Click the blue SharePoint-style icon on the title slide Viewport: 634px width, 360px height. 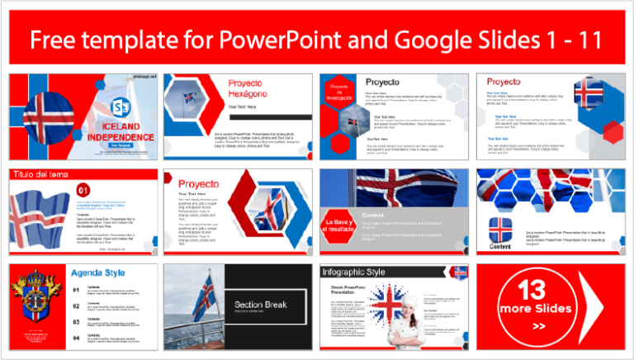click(x=121, y=108)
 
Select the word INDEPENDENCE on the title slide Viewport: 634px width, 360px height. click(x=117, y=135)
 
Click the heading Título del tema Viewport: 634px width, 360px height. click(x=40, y=174)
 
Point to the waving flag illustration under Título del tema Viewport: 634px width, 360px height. click(x=41, y=217)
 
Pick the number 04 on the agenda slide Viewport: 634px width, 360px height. click(x=77, y=338)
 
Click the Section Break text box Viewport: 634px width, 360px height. click(x=261, y=305)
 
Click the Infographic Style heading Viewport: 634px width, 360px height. click(x=359, y=272)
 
